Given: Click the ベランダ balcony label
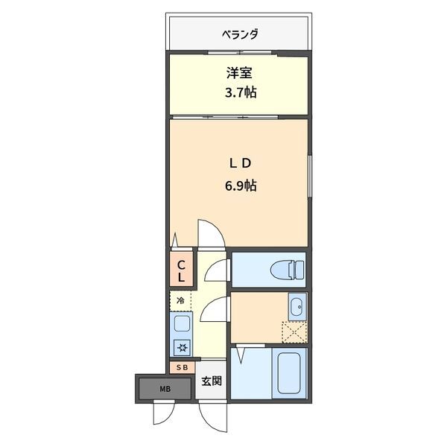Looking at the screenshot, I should pos(239,34).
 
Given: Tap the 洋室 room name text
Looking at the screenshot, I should pos(238,74).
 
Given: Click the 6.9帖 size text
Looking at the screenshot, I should pos(238,186).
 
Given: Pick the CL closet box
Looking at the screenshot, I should pos(181,269).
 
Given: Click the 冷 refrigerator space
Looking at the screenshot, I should pos(180,300).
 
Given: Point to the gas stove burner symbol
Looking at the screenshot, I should pos(181,346).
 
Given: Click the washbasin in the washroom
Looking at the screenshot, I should pos(296,305).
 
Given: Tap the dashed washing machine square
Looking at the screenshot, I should pos(294,330).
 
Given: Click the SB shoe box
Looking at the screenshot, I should pos(181,367).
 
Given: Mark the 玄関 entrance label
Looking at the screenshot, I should pos(211,381).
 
